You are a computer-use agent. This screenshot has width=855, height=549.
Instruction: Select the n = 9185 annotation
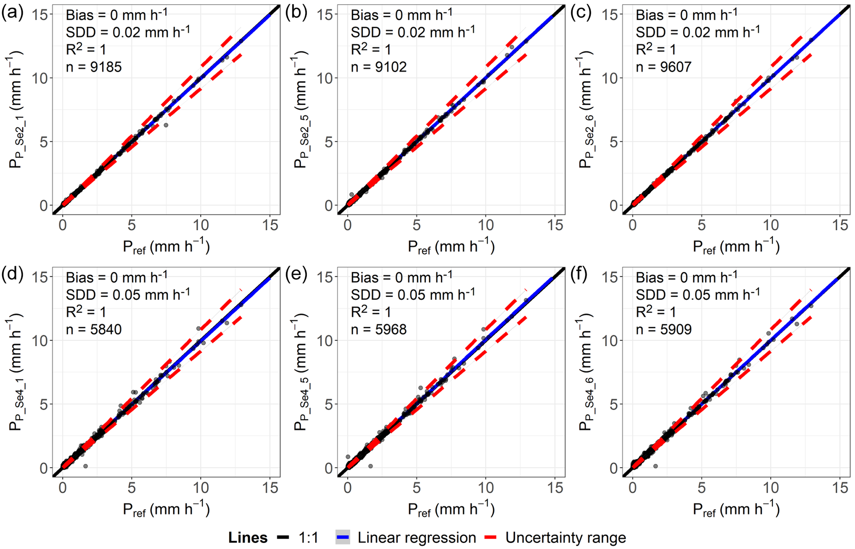[94, 67]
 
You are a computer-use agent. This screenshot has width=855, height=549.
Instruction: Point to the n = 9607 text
[663, 67]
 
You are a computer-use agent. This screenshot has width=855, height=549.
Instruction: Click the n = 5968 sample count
[378, 329]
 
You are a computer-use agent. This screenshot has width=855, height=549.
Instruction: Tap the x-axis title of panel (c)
[736, 247]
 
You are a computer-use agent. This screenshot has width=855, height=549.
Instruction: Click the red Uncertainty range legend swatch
[496, 537]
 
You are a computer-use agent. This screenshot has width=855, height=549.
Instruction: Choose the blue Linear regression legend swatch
[342, 537]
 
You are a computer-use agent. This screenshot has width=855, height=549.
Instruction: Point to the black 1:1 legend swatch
[283, 537]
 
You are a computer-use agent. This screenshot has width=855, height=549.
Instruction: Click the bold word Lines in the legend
[248, 537]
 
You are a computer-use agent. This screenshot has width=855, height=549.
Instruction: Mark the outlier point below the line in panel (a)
[166, 125]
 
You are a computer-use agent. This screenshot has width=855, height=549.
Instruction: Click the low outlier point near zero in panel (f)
[656, 466]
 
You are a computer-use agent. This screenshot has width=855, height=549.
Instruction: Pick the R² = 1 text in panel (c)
[656, 50]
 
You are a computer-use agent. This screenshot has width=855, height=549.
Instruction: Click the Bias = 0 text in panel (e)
[401, 277]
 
